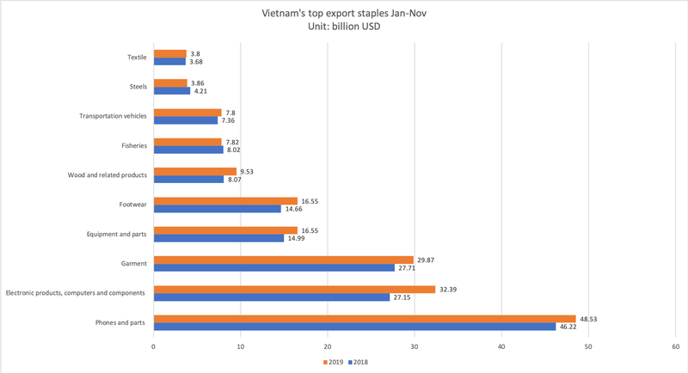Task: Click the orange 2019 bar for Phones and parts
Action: (364, 319)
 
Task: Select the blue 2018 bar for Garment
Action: (273, 268)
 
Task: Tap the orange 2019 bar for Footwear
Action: (225, 200)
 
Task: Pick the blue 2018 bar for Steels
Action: (171, 91)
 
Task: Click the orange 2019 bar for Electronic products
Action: (294, 290)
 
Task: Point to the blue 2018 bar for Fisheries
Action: (187, 150)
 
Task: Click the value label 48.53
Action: (589, 319)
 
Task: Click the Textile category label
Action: (137, 58)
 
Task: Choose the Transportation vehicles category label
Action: (113, 116)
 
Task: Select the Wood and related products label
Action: (107, 175)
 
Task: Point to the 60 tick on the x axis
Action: (675, 346)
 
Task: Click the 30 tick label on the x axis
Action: (415, 346)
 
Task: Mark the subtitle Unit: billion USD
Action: (343, 27)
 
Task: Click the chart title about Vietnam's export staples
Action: (343, 14)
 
